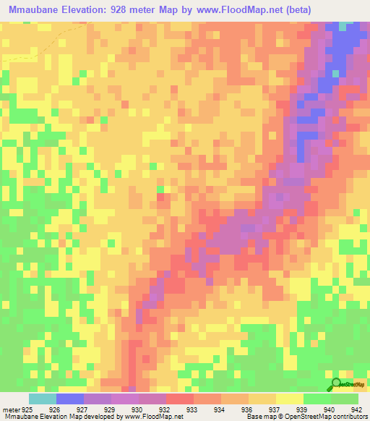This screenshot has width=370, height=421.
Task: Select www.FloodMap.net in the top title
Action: [230, 10]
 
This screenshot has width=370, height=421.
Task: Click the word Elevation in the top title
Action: [90, 10]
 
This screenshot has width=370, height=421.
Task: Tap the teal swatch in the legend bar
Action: [43, 399]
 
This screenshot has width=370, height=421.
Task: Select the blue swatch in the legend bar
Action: [70, 399]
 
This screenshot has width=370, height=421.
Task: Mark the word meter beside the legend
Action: [12, 409]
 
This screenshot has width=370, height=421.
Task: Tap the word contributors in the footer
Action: [349, 417]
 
